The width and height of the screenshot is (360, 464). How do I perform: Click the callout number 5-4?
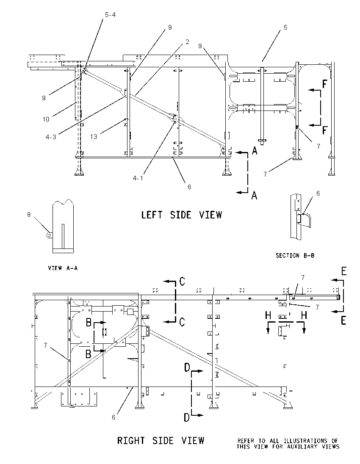click(x=111, y=14)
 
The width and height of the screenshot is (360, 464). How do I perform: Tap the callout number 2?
click(x=187, y=42)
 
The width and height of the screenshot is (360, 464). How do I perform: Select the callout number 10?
click(x=46, y=119)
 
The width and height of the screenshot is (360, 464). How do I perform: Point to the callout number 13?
click(x=94, y=136)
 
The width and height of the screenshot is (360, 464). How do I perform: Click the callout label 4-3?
click(x=51, y=137)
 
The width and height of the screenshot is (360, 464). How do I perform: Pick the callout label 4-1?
click(x=138, y=178)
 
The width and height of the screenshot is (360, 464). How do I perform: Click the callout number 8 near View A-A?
click(x=29, y=215)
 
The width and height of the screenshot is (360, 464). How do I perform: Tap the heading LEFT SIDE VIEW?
click(x=181, y=215)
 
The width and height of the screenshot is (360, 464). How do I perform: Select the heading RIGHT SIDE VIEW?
click(x=161, y=441)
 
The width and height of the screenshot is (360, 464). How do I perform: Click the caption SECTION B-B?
click(x=295, y=255)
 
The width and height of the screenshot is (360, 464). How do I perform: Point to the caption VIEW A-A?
click(x=63, y=268)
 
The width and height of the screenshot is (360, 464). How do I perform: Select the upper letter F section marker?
click(x=325, y=84)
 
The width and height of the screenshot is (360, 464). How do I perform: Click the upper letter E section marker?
click(x=344, y=271)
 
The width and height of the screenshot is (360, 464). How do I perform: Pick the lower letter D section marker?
click(x=187, y=417)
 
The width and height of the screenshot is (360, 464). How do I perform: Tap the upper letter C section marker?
click(x=183, y=282)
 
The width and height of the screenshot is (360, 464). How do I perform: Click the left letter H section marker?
click(x=268, y=315)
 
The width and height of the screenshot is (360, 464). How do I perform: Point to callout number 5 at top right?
click(x=285, y=28)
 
